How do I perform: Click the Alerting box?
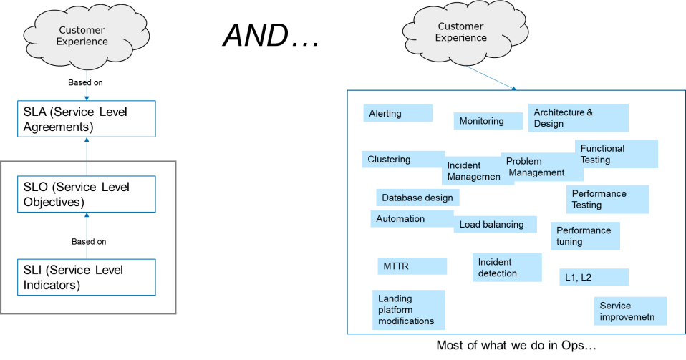[397, 114]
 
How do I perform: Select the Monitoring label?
[488, 121]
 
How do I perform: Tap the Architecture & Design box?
[578, 118]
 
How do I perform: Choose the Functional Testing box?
[616, 154]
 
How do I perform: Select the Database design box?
[417, 198]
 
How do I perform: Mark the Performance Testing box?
[607, 199]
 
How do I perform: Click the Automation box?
[410, 219]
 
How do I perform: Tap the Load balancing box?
[494, 225]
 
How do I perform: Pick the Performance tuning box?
[585, 236]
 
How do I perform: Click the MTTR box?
[412, 266]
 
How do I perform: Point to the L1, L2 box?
[594, 278]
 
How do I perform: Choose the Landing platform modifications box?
[409, 310]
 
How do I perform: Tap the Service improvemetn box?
[630, 311]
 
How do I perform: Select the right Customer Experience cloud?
[462, 33]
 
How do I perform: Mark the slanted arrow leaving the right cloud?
[491, 78]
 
